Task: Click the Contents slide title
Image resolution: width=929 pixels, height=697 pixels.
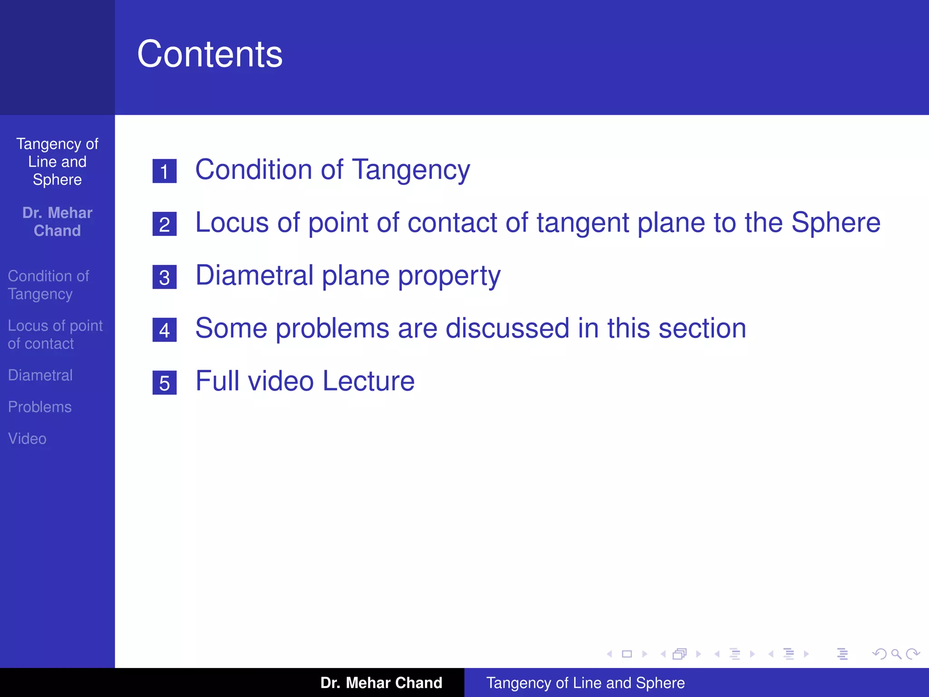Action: click(x=210, y=54)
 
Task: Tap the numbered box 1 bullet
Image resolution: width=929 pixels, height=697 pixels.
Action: click(x=164, y=171)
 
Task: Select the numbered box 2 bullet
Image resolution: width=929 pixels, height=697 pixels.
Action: click(x=164, y=224)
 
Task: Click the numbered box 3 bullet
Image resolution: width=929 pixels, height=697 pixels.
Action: click(x=164, y=277)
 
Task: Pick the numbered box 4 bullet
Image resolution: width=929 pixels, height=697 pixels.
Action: click(x=164, y=330)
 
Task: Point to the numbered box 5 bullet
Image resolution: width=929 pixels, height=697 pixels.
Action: click(x=164, y=383)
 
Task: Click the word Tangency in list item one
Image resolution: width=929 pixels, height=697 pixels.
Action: click(x=411, y=171)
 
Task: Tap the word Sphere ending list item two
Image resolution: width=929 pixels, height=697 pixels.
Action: click(x=836, y=223)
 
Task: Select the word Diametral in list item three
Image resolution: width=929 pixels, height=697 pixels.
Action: click(x=254, y=275)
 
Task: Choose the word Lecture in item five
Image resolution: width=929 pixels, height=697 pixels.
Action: click(x=368, y=381)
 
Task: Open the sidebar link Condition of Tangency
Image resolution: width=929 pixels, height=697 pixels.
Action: click(x=49, y=285)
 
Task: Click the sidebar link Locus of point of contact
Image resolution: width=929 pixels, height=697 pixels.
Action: click(x=55, y=334)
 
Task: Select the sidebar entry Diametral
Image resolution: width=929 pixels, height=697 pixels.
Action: click(x=40, y=375)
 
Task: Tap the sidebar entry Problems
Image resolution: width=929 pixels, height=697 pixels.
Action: click(x=40, y=407)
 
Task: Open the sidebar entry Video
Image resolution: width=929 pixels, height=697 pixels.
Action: click(x=27, y=439)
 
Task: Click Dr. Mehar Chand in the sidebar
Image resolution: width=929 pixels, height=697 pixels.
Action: click(x=57, y=222)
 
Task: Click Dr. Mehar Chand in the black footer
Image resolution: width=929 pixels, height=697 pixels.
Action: click(x=381, y=683)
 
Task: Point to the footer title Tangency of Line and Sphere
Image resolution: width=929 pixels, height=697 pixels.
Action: click(x=585, y=683)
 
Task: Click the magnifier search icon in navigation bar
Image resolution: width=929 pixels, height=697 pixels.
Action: click(x=896, y=654)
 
